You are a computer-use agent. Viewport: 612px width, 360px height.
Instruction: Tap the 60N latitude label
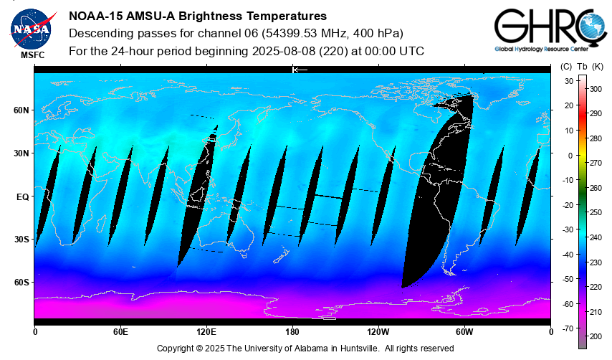coord(21,110)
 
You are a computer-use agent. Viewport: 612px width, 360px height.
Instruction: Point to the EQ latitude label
coord(22,196)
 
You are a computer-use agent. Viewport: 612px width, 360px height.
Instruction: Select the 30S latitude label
coord(21,239)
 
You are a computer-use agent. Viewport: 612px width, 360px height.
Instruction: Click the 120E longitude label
coord(206,332)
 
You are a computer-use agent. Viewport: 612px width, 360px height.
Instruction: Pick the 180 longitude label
coord(292,332)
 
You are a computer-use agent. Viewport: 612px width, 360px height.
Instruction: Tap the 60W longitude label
coord(464,332)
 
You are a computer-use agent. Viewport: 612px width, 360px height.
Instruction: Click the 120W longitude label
coord(378,332)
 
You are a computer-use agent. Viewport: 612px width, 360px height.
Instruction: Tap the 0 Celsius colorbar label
coord(570,155)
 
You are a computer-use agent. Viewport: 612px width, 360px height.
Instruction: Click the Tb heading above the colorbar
coord(583,67)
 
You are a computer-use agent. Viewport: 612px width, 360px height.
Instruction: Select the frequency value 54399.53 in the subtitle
coord(302,34)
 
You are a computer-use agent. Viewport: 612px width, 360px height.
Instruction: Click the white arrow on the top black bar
coord(300,70)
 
